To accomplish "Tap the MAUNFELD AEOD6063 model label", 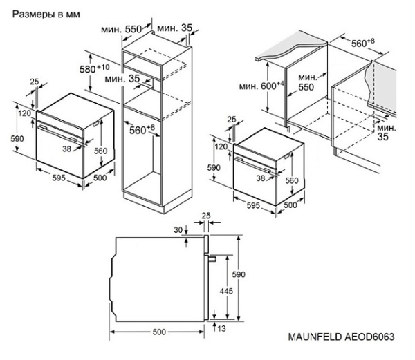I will pyautogui.click(x=340, y=337).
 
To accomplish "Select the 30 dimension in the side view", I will pyautogui.click(x=178, y=230).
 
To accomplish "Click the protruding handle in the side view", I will pyautogui.click(x=211, y=260).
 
